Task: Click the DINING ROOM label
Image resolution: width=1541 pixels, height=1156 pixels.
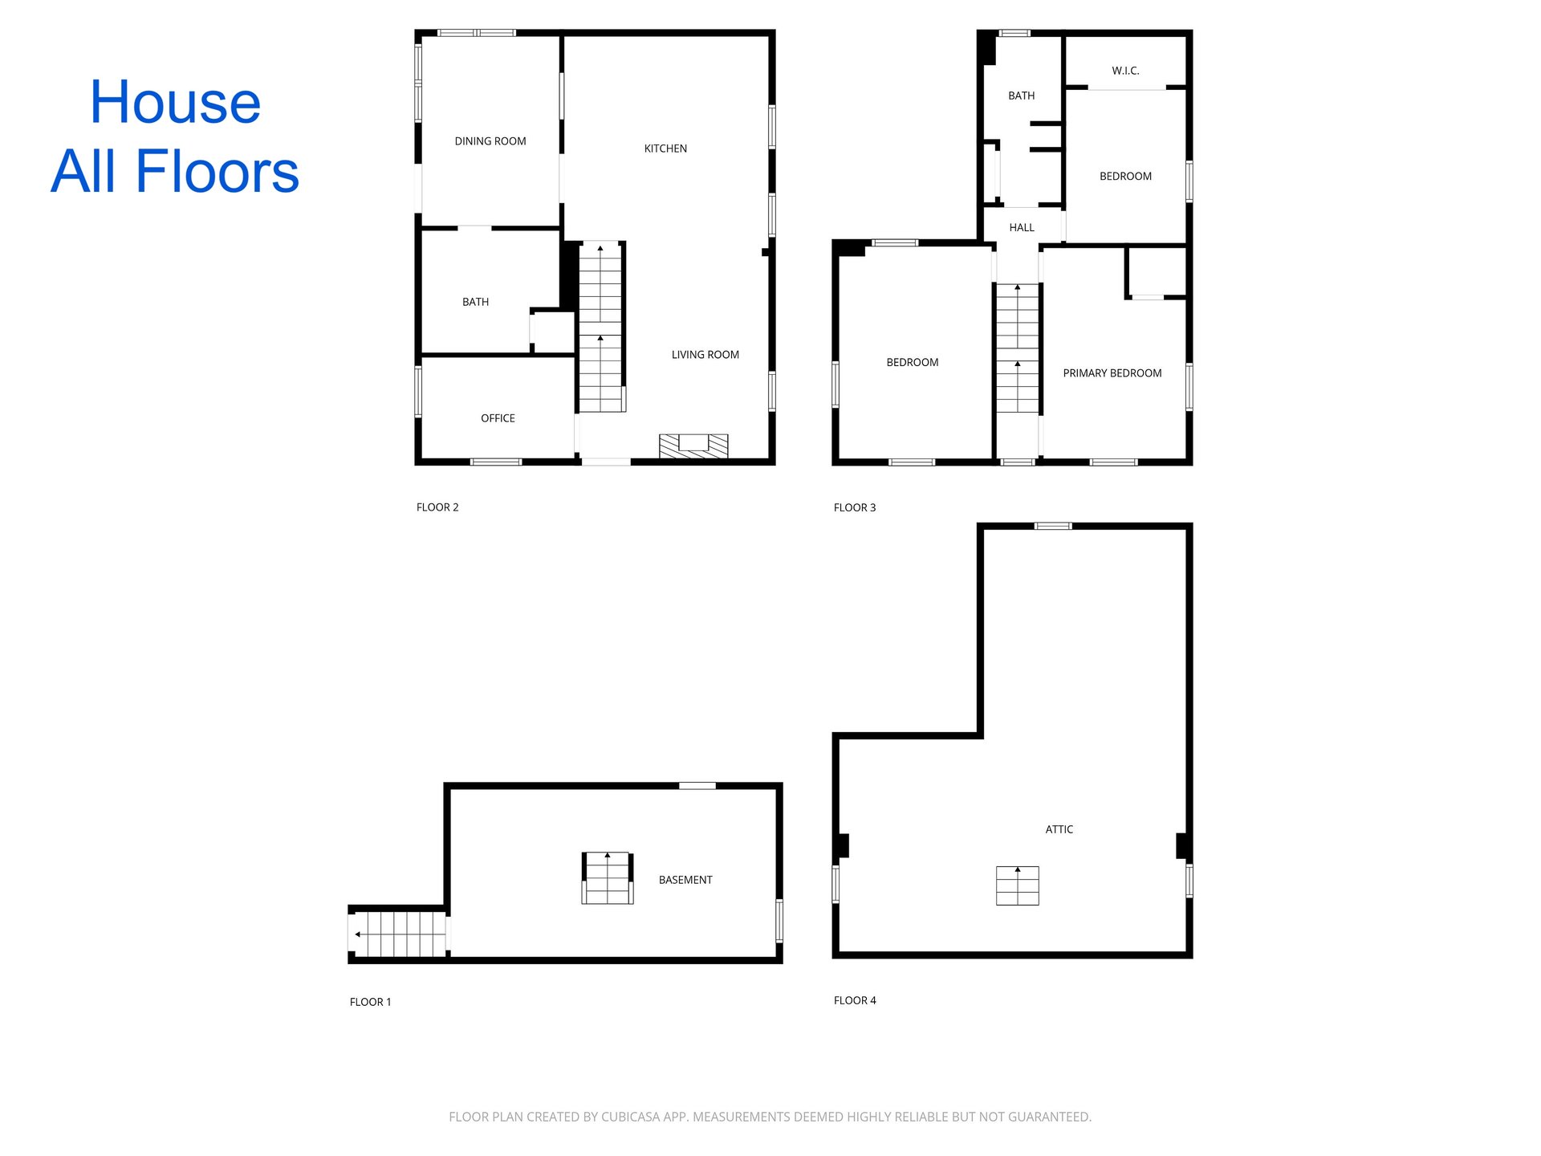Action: pos(490,141)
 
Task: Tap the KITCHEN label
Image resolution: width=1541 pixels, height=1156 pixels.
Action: pos(665,149)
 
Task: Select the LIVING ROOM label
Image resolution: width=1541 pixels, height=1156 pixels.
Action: pos(705,355)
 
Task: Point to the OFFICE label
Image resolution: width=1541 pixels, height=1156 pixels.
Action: pos(498,418)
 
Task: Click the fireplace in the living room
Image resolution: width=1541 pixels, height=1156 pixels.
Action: pos(693,446)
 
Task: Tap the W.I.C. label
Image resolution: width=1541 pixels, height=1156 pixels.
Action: pos(1125,71)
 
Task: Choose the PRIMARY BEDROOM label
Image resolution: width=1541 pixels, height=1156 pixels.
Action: pos(1112,373)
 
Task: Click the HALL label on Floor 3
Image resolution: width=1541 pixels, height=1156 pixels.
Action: pos(1022,228)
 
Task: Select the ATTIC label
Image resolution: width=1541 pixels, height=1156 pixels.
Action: pos(1059,829)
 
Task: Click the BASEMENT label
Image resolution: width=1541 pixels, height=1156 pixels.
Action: pos(685,880)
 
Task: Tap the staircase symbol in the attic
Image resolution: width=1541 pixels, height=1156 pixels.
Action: pos(1018,885)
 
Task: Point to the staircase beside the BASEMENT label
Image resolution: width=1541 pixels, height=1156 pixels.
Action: pos(608,878)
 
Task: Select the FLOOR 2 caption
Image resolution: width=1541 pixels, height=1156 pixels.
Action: pos(437,507)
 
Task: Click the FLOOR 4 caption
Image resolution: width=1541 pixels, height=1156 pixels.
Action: pos(855,1000)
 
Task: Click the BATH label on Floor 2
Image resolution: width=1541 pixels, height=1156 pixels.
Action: pos(475,302)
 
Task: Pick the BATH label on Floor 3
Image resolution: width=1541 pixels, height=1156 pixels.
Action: pos(1022,96)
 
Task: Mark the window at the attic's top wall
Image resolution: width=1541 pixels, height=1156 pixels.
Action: pos(1053,526)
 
